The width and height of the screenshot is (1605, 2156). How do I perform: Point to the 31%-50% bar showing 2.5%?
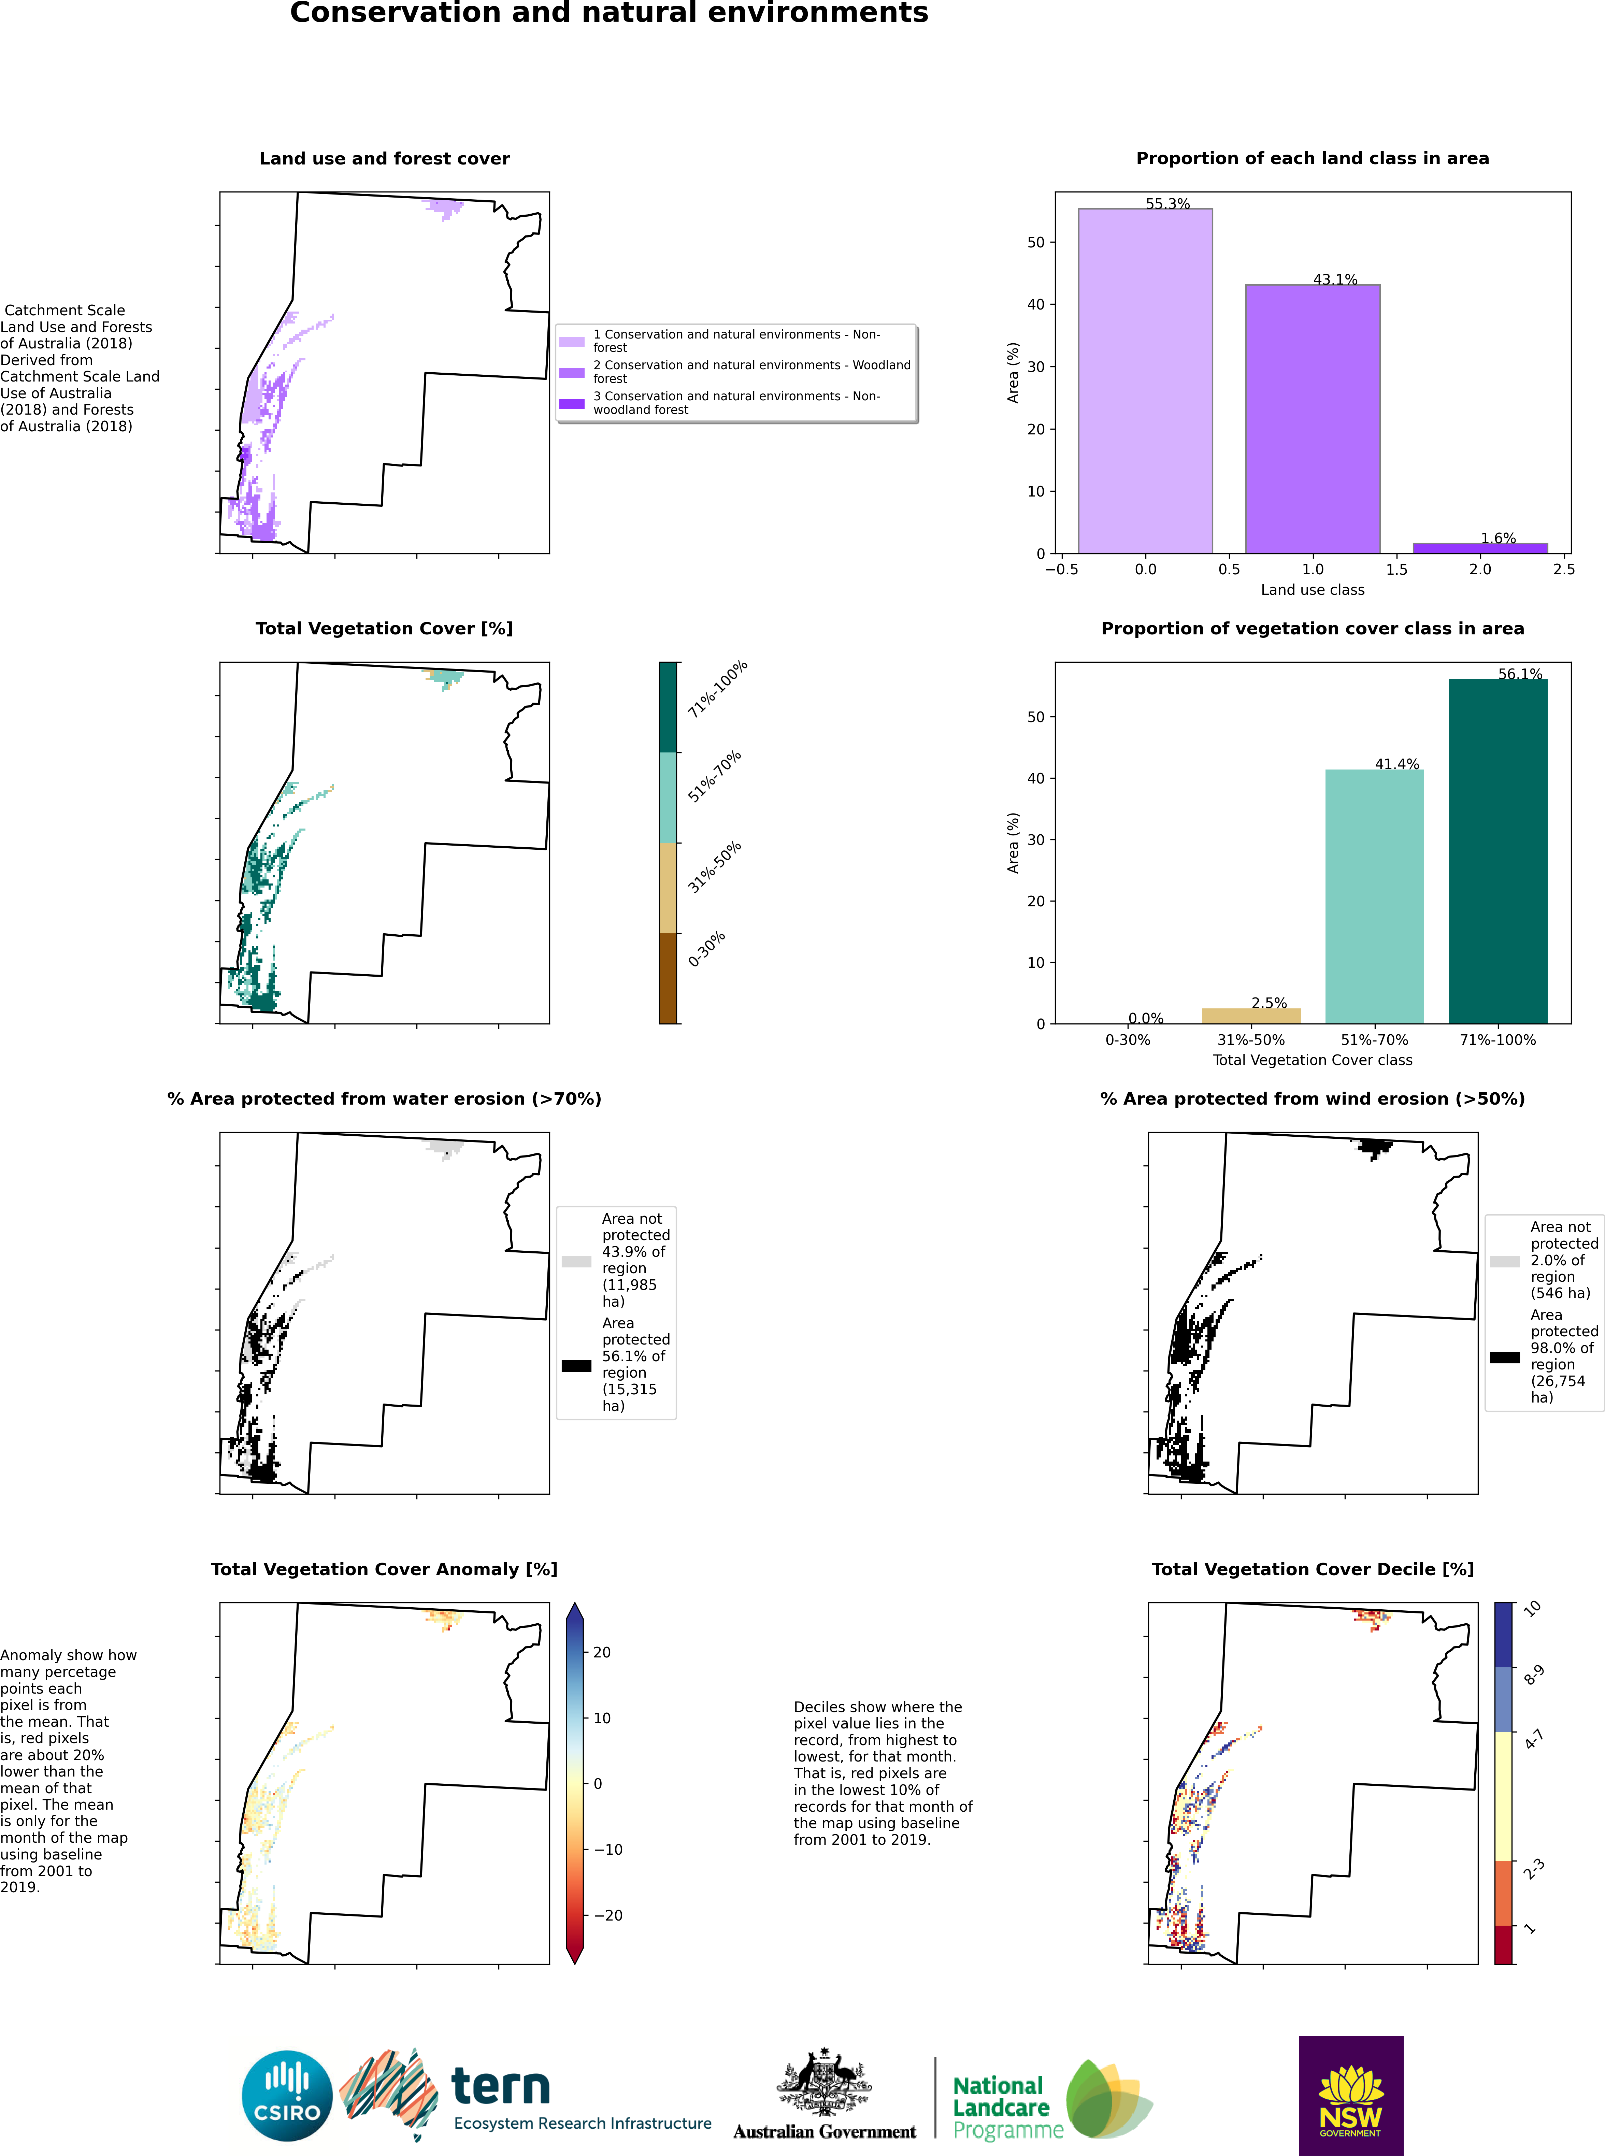tap(1250, 1015)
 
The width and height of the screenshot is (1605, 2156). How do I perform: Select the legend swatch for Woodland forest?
tap(572, 372)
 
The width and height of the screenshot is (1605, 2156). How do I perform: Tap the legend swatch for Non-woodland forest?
tap(572, 403)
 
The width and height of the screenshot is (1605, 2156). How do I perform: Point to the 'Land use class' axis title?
tap(1312, 590)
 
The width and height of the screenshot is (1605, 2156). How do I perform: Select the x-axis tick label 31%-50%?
tap(1250, 1040)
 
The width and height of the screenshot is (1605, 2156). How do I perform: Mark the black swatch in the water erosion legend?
tap(576, 1365)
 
